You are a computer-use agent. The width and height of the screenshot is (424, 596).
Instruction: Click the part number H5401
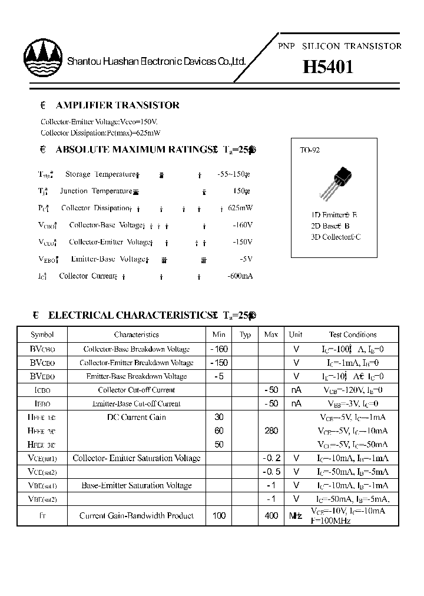click(328, 67)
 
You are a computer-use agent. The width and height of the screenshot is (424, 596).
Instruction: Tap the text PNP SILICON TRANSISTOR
click(339, 46)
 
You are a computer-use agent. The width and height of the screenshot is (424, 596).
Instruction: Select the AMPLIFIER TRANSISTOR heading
click(117, 105)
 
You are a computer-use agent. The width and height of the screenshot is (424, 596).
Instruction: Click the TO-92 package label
click(310, 151)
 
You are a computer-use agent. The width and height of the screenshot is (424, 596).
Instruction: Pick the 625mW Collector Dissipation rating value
click(240, 208)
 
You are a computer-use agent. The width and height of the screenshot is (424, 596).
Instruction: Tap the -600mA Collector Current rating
click(240, 276)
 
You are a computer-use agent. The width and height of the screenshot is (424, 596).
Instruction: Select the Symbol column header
click(42, 335)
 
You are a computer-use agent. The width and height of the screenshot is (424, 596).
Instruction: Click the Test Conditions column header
click(352, 335)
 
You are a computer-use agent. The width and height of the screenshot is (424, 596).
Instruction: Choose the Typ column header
click(246, 335)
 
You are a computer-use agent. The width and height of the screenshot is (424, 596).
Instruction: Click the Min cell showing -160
click(219, 349)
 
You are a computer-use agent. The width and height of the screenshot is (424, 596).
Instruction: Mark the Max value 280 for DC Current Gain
click(271, 431)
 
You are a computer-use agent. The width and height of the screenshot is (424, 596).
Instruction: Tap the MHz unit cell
click(296, 516)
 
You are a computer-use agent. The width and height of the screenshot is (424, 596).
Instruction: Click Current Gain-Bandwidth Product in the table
click(137, 516)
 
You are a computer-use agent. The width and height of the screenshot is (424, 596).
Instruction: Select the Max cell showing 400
click(271, 516)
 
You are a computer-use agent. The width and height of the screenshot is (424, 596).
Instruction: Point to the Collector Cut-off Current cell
click(137, 390)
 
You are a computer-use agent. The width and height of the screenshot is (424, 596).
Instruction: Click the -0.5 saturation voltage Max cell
click(271, 472)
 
